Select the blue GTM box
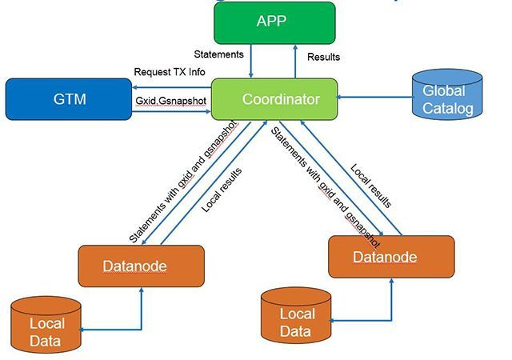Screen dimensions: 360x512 [x=70, y=99]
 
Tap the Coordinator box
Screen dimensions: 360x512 [x=274, y=99]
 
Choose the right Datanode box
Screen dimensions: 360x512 [x=390, y=257]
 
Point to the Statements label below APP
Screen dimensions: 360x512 [x=218, y=54]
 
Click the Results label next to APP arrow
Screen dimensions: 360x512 [x=323, y=57]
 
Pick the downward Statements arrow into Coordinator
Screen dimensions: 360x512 [x=252, y=60]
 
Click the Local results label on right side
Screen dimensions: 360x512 [x=370, y=186]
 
